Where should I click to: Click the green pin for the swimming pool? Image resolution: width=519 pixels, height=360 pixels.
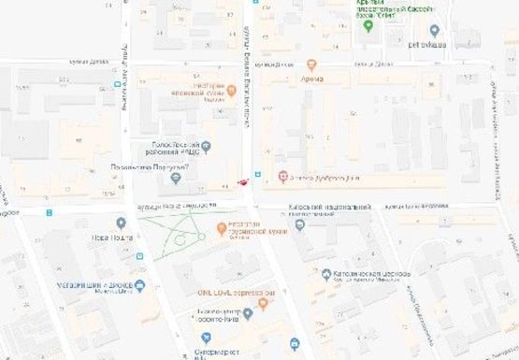click(368, 26)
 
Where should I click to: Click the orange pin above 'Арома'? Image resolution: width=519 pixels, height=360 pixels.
click(311, 65)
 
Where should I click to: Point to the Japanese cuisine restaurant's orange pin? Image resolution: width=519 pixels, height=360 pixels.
click(232, 90)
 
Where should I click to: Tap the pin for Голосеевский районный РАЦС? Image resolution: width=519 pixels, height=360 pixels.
click(207, 146)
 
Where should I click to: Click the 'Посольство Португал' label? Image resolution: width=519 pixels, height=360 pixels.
click(150, 167)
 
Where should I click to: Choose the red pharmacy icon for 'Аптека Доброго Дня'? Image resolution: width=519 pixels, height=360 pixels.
click(284, 176)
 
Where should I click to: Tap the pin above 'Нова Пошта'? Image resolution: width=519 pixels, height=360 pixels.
click(121, 223)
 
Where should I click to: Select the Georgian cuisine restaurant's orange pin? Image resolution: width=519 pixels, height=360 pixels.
click(222, 228)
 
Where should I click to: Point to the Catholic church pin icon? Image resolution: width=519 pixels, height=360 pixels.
click(325, 276)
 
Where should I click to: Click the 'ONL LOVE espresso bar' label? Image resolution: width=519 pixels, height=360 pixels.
click(235, 293)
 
